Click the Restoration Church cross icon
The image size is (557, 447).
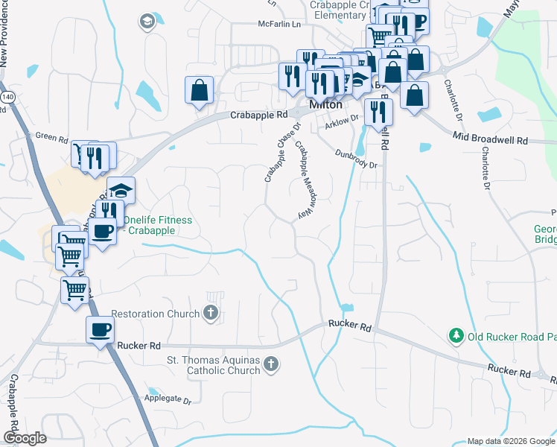click(211, 313)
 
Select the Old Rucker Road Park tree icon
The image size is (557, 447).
click(456, 337)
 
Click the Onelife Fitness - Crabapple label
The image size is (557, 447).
click(157, 225)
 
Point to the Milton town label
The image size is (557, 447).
click(325, 105)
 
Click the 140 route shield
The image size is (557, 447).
click(8, 97)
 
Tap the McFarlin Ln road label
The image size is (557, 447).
click(279, 24)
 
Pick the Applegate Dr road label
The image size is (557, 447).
click(167, 398)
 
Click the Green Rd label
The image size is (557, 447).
click(51, 136)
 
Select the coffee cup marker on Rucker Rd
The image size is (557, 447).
click(100, 329)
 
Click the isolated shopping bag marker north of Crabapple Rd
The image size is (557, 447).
click(199, 90)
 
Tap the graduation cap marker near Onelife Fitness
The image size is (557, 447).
click(121, 190)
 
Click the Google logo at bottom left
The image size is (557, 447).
click(25, 438)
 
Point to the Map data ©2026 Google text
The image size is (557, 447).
click(511, 441)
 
